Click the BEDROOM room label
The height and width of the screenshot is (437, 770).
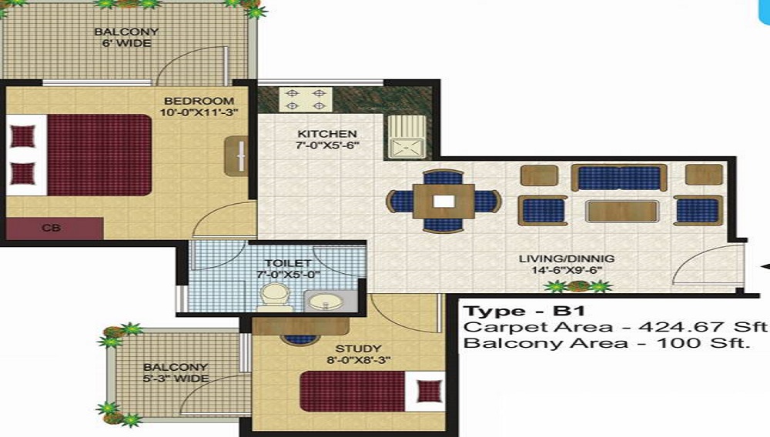199,101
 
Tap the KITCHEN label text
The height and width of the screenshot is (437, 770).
327,134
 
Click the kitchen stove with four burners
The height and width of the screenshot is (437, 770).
305,98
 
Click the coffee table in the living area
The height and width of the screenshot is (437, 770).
621,211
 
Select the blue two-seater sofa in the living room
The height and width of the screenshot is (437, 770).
619,178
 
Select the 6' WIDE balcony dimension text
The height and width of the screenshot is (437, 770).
127,43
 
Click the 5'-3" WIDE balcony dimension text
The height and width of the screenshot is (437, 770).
176,379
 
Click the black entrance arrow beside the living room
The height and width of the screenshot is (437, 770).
765,266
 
